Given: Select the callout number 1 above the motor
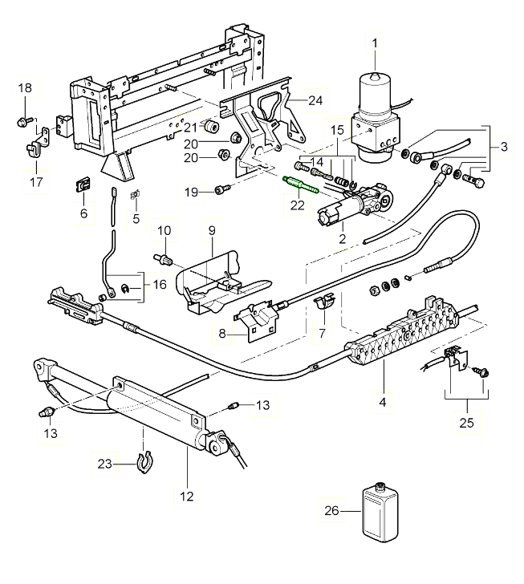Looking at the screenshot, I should (x=372, y=42).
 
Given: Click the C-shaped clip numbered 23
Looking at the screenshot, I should (x=144, y=463).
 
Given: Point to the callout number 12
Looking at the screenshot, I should (x=186, y=497).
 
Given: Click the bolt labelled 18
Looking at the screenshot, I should (x=22, y=121).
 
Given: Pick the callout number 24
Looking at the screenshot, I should (x=292, y=100).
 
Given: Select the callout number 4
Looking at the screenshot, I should (x=384, y=401).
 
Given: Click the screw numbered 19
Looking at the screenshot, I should (x=222, y=190).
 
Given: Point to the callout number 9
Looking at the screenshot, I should (x=212, y=229).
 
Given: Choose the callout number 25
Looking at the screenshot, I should (x=466, y=422).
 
